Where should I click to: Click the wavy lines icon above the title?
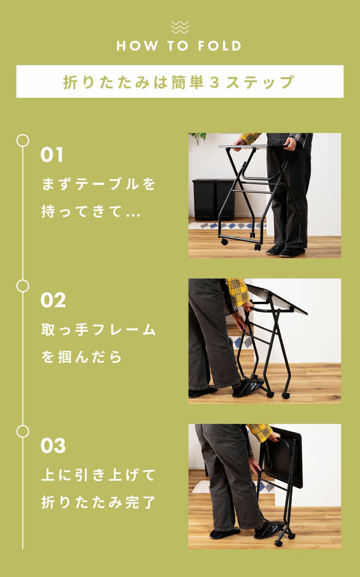tap(180, 27)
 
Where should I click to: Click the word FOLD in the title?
tap(219, 46)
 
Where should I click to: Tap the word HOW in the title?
tap(137, 46)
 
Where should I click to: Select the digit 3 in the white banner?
tap(215, 82)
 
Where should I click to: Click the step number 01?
tap(52, 155)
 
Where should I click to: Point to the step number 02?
tap(53, 300)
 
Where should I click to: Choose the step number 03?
tap(53, 446)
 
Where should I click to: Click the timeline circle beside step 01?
tap(23, 140)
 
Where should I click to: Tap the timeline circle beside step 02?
tap(23, 286)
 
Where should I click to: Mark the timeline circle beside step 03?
tap(23, 432)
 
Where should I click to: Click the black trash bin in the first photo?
tap(204, 200)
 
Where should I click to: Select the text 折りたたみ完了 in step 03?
tap(98, 502)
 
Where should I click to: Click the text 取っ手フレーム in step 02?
tap(98, 330)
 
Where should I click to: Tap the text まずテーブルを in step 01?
tap(98, 184)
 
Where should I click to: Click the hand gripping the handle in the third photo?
tap(275, 438)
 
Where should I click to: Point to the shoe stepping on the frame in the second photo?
tap(246, 387)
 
